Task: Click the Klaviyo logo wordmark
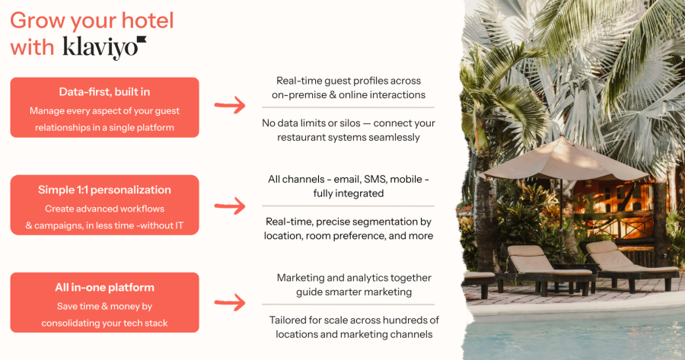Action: (x=100, y=48)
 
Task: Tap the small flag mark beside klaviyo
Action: (x=142, y=40)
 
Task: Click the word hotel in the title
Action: (x=148, y=21)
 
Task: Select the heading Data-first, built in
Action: (x=104, y=92)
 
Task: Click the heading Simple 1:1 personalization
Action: (x=104, y=190)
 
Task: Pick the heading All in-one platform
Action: (x=104, y=288)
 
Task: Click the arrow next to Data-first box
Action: (x=230, y=105)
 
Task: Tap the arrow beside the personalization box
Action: (x=230, y=205)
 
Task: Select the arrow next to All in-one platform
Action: (x=230, y=302)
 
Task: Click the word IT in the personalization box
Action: (x=179, y=225)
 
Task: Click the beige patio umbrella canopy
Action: (x=563, y=160)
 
